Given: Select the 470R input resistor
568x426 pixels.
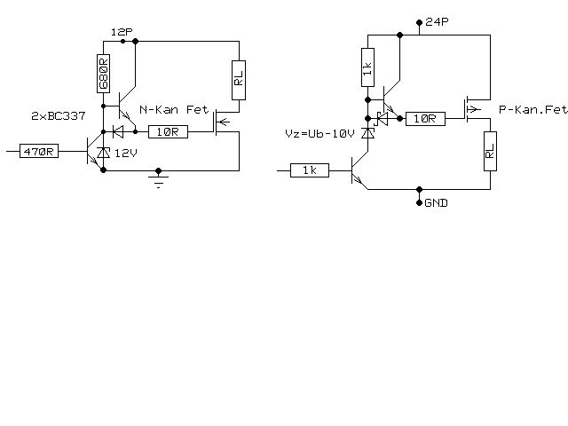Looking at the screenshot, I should pos(39,152).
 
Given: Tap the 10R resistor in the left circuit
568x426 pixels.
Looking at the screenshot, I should pos(167,131).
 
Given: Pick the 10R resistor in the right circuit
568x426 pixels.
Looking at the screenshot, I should pos(425,118).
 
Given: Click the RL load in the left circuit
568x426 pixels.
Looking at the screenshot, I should pos(239,80).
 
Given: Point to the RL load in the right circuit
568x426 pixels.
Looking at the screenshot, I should pos(490,152).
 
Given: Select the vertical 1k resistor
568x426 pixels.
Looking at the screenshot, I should pos(367,68).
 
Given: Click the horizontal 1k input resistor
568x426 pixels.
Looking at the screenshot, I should pos(310,170).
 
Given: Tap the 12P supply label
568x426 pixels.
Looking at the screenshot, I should pos(121,32).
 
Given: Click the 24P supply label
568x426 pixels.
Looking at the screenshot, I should pos(437,22).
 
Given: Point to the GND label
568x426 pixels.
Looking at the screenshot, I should pos(436,203).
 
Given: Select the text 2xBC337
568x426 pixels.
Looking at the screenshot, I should pos(58,116).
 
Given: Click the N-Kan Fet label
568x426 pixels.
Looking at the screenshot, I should pos(173,111).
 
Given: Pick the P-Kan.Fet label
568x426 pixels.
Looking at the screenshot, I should pos(532,110).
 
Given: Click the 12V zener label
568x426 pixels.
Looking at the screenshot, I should pos(125,153).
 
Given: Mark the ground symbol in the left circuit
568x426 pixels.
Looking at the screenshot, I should pos(158,182).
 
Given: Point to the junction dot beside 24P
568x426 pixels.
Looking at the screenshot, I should pos(419,22).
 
